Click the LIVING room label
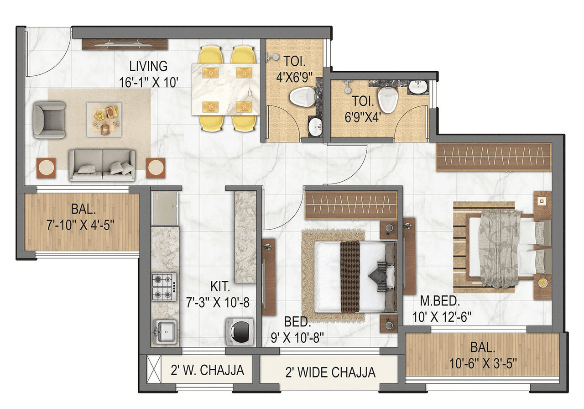coord(148,67)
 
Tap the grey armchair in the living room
coord(49,120)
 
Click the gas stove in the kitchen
coord(164,286)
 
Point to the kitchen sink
coord(165,331)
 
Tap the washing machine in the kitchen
coord(239,331)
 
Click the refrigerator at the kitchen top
coord(165,208)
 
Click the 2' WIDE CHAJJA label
coord(330,372)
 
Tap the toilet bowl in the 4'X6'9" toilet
coord(300,97)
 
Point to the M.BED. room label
coord(440,302)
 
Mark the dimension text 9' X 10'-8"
coord(298,339)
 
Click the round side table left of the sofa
coord(46,168)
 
